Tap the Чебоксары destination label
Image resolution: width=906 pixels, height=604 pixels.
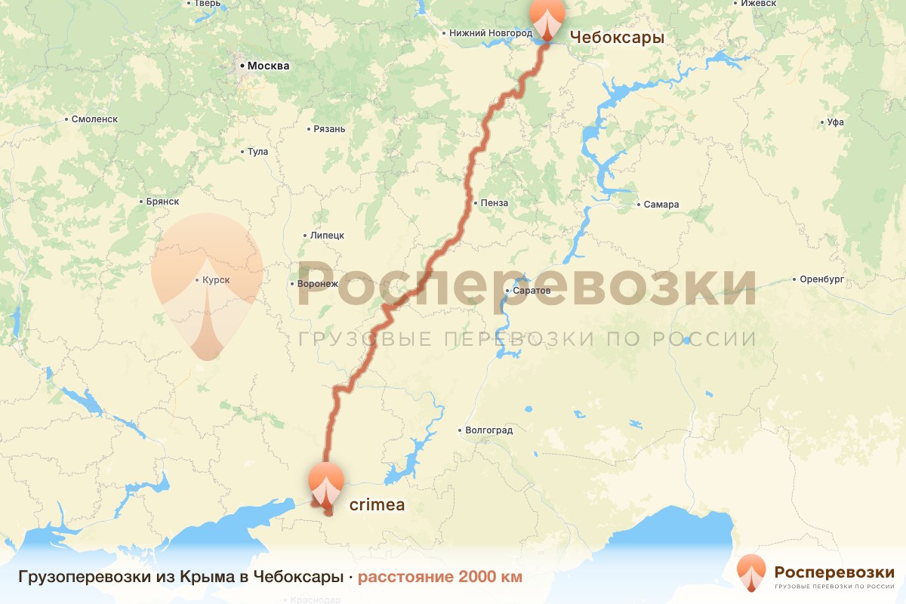tap(617, 37)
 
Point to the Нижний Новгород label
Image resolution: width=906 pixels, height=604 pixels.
tap(490, 33)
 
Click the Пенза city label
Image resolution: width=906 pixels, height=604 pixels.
tap(495, 203)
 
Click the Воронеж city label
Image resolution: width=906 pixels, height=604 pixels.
tap(318, 284)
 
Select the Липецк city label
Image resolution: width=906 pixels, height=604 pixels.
tap(327, 235)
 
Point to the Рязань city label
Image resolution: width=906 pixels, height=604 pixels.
tap(329, 128)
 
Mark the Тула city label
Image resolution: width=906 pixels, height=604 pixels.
tap(257, 152)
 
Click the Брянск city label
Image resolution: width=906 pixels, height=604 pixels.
tap(162, 202)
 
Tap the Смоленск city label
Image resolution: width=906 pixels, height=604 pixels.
tap(94, 119)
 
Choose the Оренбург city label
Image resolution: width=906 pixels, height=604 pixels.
tap(822, 279)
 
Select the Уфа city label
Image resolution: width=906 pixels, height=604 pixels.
tap(835, 122)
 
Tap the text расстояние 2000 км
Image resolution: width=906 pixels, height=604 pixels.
tap(439, 577)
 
